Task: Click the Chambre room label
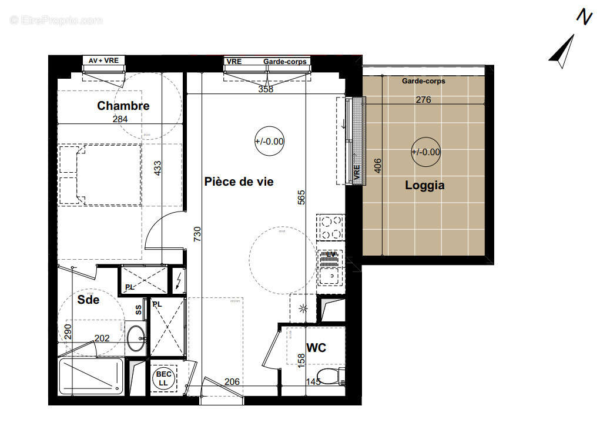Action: (123, 106)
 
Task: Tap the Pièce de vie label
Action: (239, 182)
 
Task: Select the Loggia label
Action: (424, 186)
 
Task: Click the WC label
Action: (316, 348)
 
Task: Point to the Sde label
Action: (88, 300)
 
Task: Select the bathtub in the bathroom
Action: (91, 377)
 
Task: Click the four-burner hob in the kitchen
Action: (330, 228)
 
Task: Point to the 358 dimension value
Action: (266, 90)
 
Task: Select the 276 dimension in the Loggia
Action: (423, 100)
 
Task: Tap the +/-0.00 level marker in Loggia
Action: (425, 152)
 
